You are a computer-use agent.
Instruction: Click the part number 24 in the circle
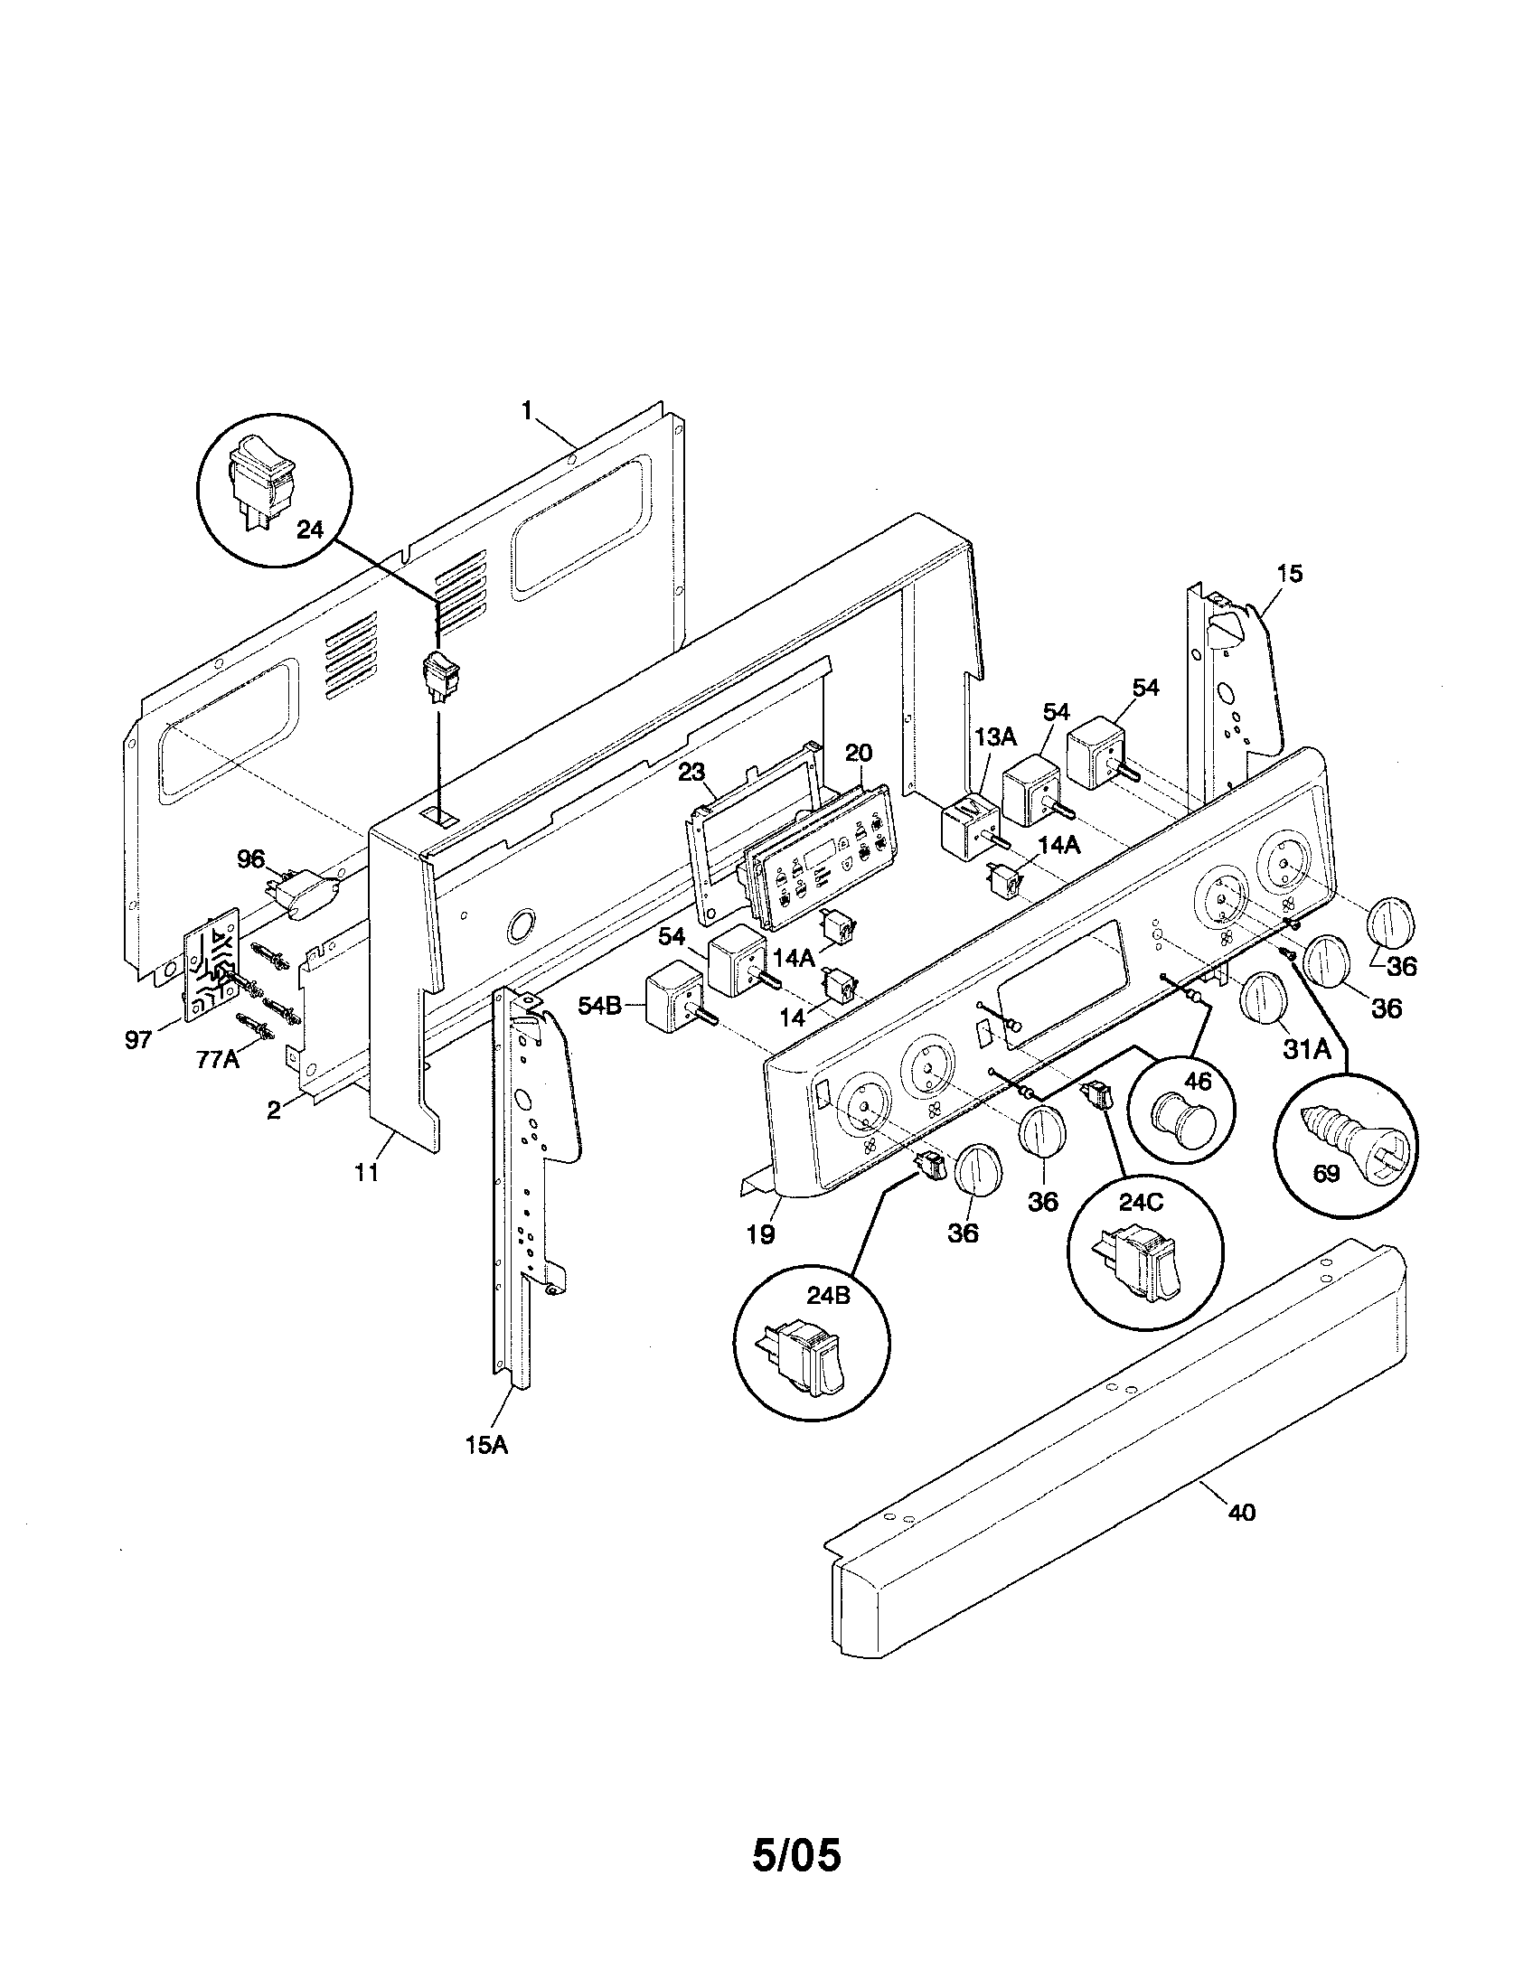310,530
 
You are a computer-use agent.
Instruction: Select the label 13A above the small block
995,736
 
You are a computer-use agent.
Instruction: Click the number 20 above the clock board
858,753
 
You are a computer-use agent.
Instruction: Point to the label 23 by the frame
691,772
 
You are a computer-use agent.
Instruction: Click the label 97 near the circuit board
138,1039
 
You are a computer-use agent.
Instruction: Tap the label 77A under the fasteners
218,1059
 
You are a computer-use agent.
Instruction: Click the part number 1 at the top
526,410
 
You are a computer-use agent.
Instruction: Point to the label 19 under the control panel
761,1234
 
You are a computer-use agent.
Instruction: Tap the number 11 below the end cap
366,1172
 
